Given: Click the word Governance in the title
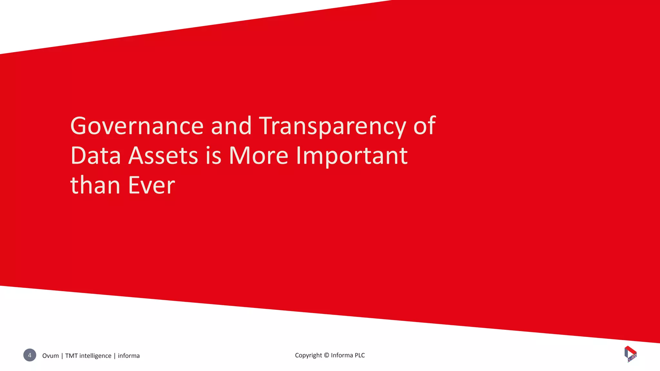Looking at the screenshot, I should [x=137, y=126].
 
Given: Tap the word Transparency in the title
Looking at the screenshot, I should [x=332, y=127].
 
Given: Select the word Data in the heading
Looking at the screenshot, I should [x=95, y=156].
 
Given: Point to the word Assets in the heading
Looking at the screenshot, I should [x=163, y=156].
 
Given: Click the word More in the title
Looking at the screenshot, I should [x=258, y=156].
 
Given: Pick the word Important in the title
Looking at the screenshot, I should [x=352, y=156].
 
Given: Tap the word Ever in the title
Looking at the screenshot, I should [x=151, y=185].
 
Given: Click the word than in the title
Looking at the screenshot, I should [x=95, y=185].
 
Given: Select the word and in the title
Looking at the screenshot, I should [x=231, y=126].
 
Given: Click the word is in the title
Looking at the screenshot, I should [x=213, y=156].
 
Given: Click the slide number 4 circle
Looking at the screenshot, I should [x=30, y=355].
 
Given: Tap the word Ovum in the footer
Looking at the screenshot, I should [x=51, y=356].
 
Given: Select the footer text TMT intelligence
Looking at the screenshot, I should [x=88, y=356].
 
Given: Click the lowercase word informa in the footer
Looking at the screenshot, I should [x=129, y=356].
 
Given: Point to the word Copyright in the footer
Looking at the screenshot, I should [x=308, y=355].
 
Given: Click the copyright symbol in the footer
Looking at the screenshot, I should [x=326, y=355].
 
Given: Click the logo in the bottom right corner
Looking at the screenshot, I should [x=630, y=354].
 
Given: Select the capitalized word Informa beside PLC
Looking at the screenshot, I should [x=342, y=355].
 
